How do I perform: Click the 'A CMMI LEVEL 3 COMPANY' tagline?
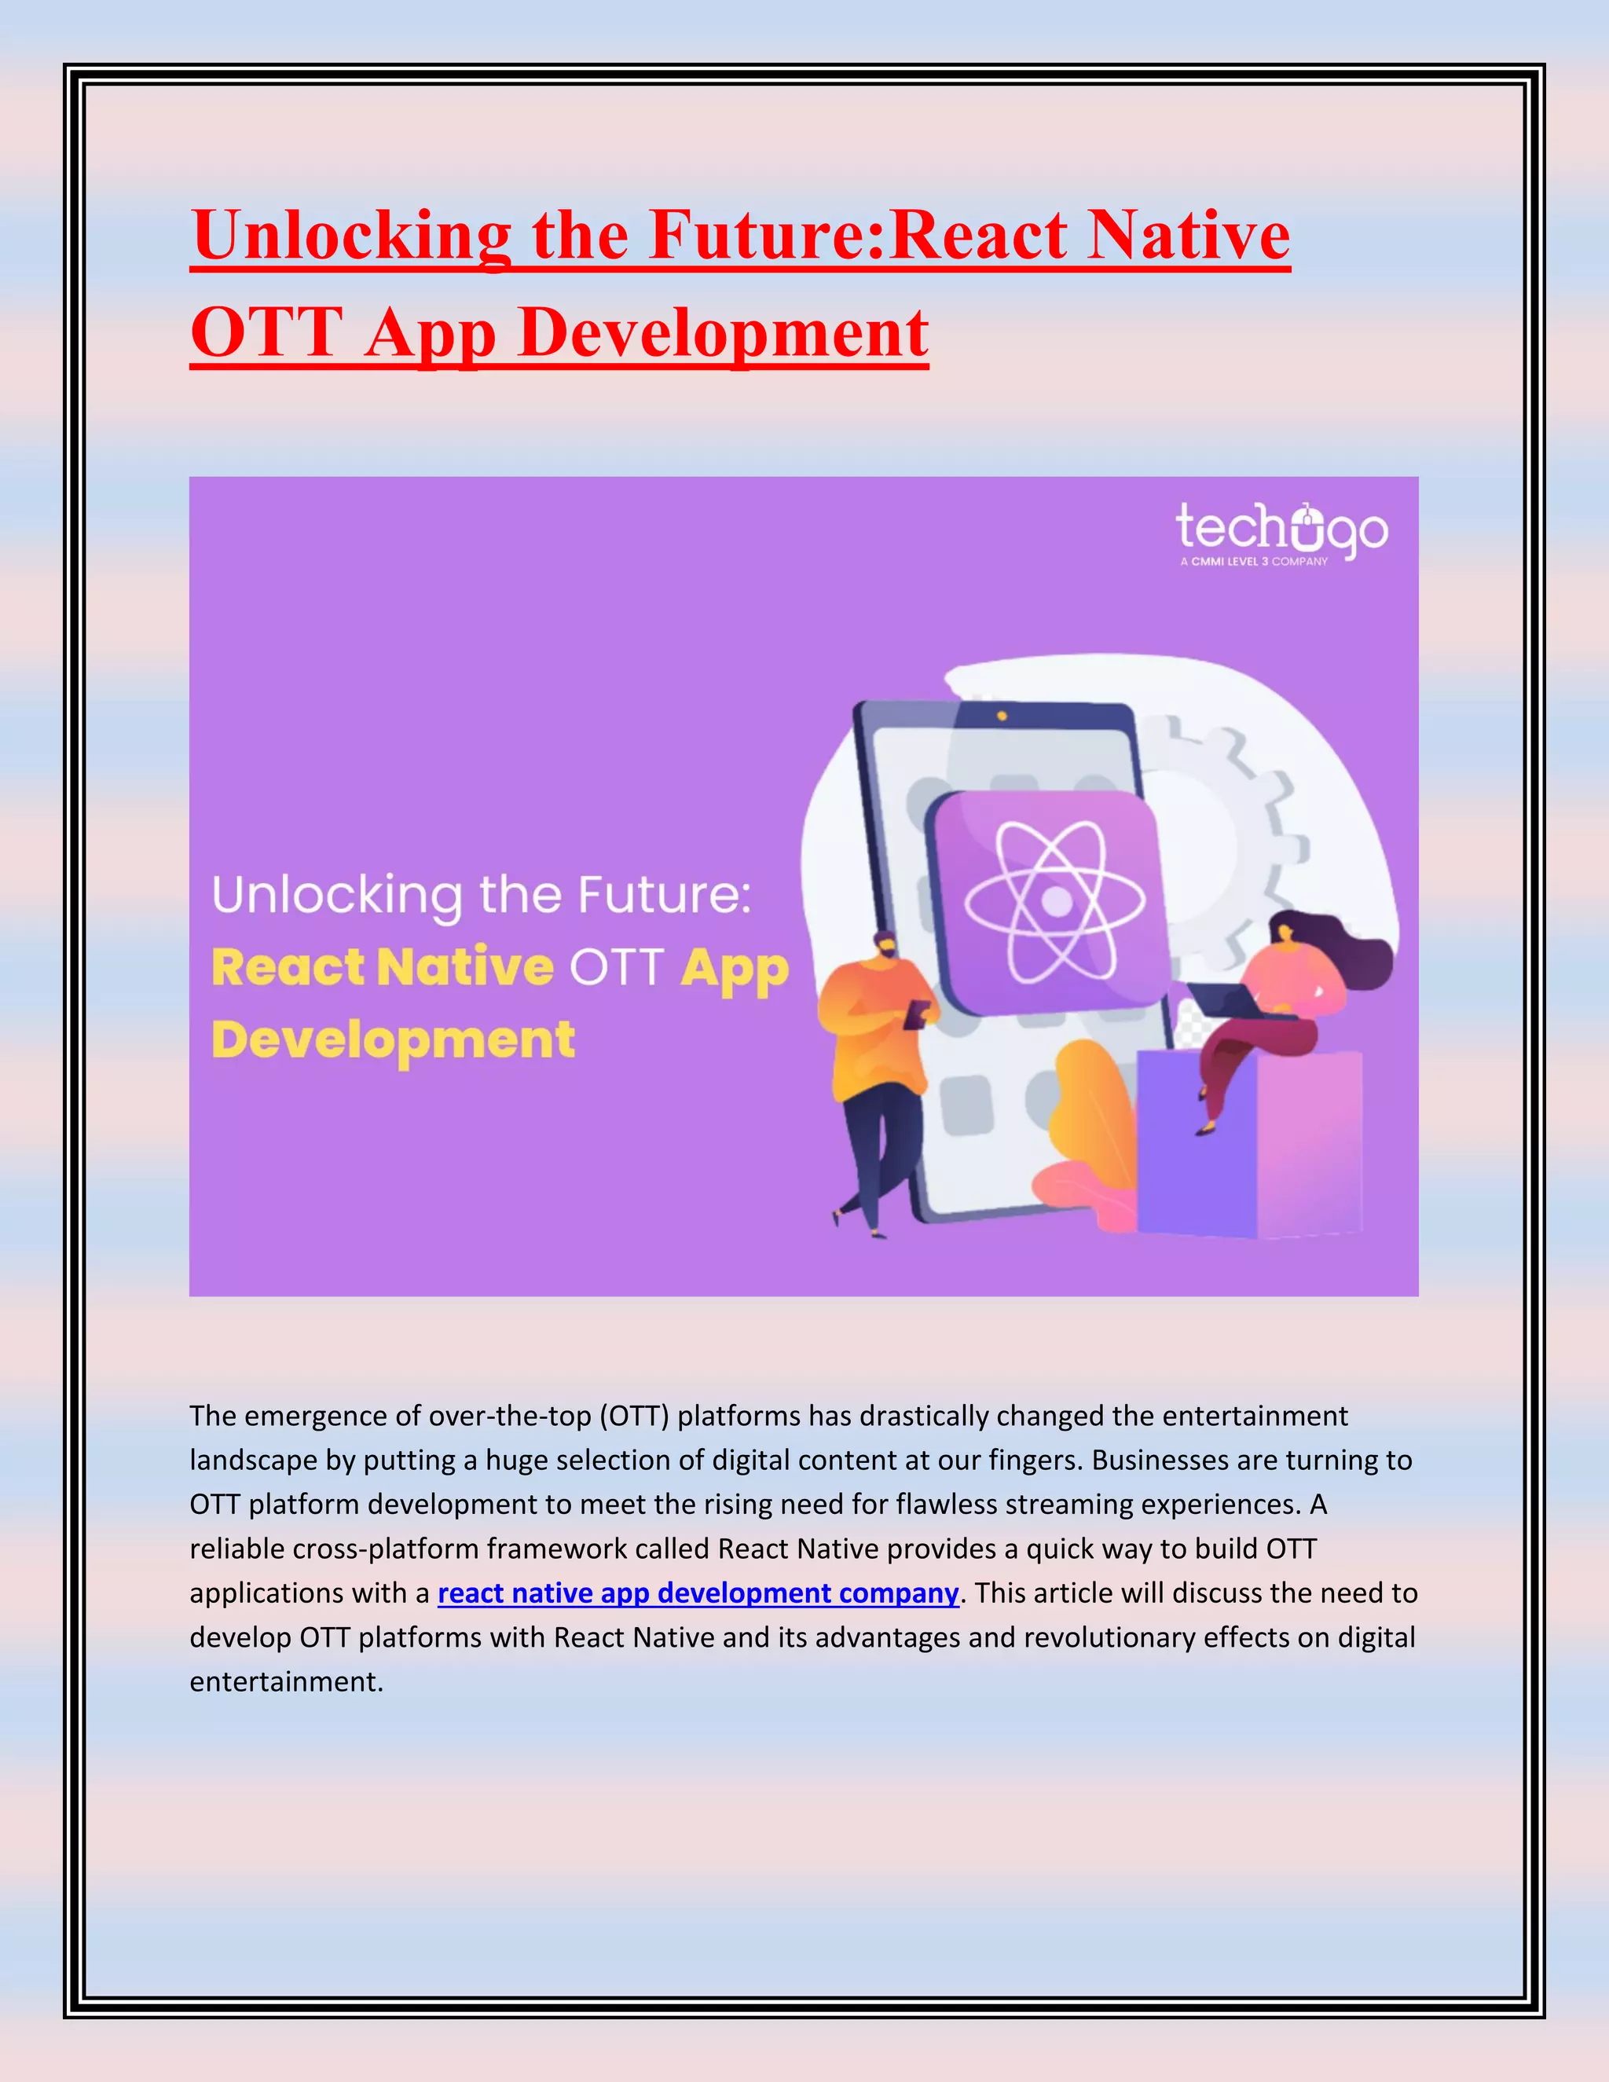click(1253, 562)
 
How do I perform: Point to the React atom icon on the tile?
click(1054, 901)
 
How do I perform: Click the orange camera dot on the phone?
click(1001, 716)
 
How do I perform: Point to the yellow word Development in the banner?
click(393, 1039)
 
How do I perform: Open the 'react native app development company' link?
click(698, 1593)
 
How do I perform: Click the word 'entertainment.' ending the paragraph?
click(286, 1681)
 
